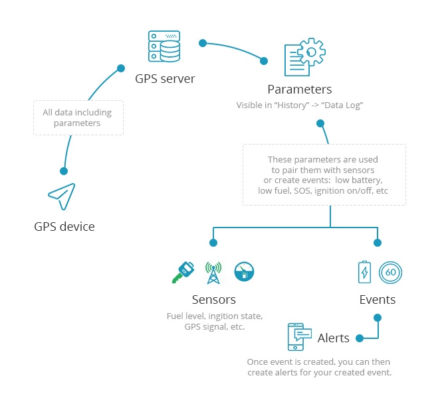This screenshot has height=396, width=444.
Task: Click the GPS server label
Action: tap(165, 79)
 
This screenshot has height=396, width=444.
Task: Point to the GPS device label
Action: tap(64, 227)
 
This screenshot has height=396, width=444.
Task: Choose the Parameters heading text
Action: tap(299, 89)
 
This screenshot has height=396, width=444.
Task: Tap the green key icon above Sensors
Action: tap(182, 271)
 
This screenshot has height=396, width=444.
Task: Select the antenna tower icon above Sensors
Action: tap(213, 271)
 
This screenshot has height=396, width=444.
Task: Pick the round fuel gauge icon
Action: tap(244, 271)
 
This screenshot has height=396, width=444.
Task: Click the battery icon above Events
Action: tap(365, 271)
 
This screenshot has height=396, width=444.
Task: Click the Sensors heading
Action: tap(213, 300)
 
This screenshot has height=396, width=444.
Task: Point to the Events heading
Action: tap(377, 300)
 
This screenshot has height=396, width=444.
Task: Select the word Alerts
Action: tap(333, 338)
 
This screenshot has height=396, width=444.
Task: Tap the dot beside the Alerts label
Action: tap(360, 338)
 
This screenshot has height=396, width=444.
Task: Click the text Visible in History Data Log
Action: tap(300, 105)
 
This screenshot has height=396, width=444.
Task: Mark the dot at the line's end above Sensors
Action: tap(213, 242)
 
